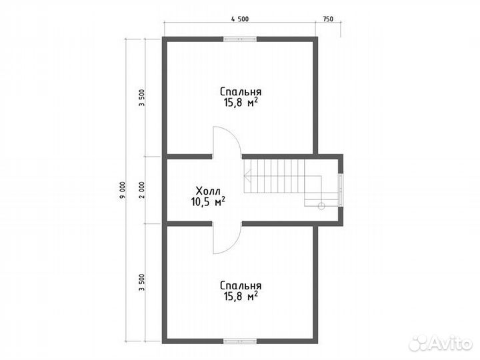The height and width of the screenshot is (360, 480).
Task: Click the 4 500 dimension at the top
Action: click(x=240, y=19)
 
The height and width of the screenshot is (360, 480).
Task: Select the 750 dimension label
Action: click(x=328, y=19)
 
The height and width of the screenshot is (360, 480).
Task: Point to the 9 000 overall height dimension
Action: click(x=123, y=191)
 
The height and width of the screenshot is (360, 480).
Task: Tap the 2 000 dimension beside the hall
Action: click(x=141, y=190)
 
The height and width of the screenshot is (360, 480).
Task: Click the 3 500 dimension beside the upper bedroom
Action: click(x=141, y=97)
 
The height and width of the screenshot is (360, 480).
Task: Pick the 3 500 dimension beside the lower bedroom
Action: click(x=141, y=283)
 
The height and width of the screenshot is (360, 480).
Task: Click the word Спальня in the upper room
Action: click(x=241, y=92)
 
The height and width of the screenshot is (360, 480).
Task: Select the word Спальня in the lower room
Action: click(x=241, y=285)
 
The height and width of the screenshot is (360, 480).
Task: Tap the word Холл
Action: click(x=208, y=191)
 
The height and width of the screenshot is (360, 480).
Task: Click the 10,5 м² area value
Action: click(x=209, y=202)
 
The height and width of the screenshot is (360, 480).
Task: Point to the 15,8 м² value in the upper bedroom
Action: click(x=241, y=102)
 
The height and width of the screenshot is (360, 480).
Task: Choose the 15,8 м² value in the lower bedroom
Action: click(x=241, y=296)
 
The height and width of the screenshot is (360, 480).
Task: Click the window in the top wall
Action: click(x=240, y=39)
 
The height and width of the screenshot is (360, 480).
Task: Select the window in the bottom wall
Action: click(x=240, y=341)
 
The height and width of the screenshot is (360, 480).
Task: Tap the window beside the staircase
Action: click(x=341, y=190)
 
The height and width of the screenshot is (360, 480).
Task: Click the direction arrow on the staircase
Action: click(x=247, y=176)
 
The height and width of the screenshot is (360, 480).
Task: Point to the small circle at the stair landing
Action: click(x=321, y=206)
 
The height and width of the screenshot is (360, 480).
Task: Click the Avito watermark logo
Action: click(x=441, y=343)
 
